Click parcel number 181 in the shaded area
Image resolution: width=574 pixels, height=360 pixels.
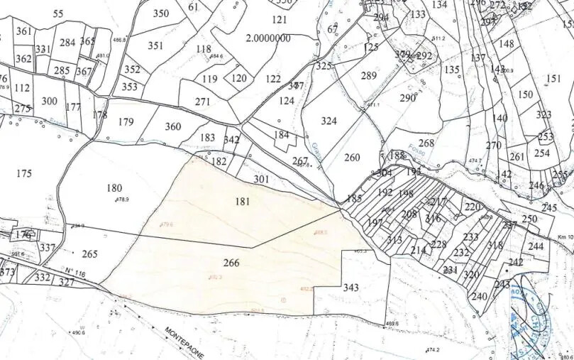pyautogui.click(x=243, y=202)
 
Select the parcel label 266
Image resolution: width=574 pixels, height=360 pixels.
pyautogui.click(x=231, y=263)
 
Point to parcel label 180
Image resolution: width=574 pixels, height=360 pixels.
pyautogui.click(x=114, y=188)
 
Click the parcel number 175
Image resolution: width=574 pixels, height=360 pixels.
pyautogui.click(x=23, y=173)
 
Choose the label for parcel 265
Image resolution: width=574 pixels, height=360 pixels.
pyautogui.click(x=89, y=253)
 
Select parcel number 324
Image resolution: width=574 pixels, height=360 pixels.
pyautogui.click(x=329, y=121)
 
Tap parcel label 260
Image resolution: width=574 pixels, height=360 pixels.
pyautogui.click(x=352, y=157)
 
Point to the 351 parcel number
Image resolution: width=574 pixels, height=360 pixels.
pyautogui.click(x=155, y=45)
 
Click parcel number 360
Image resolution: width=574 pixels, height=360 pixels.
pyautogui.click(x=173, y=126)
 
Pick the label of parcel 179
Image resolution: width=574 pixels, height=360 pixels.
pyautogui.click(x=126, y=121)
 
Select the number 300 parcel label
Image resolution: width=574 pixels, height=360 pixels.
pyautogui.click(x=49, y=101)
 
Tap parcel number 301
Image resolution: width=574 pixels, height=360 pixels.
pyautogui.click(x=261, y=179)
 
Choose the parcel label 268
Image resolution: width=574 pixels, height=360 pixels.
pyautogui.click(x=426, y=143)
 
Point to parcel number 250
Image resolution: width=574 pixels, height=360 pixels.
pyautogui.click(x=529, y=219)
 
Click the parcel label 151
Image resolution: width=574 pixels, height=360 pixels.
pyautogui.click(x=554, y=79)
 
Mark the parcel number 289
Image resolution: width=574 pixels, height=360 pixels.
pyautogui.click(x=369, y=76)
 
